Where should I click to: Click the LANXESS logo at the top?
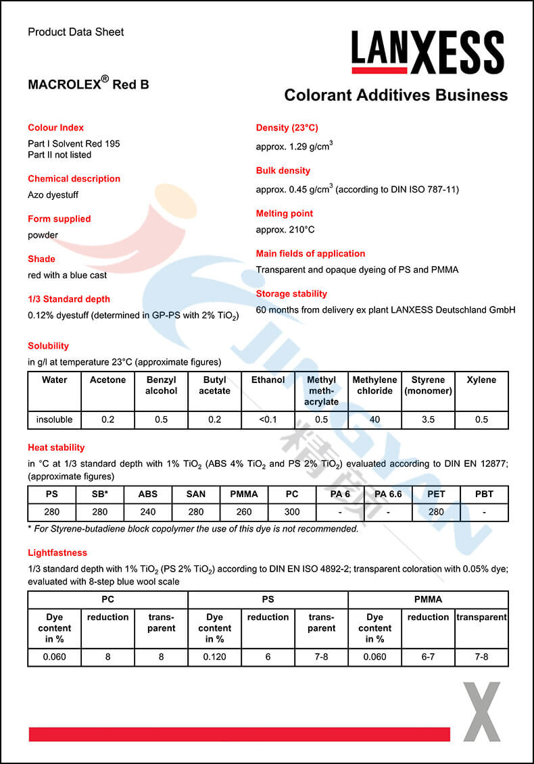tap(427, 53)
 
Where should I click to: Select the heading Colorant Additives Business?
tap(395, 95)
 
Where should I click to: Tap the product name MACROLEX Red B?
tap(89, 84)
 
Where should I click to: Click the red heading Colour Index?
tap(56, 128)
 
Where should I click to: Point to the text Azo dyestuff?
tap(53, 195)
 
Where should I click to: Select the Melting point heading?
tap(285, 213)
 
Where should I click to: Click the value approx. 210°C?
tap(285, 230)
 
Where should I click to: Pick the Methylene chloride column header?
tap(374, 385)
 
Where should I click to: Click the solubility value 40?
tap(374, 419)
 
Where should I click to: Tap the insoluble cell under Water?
tap(54, 419)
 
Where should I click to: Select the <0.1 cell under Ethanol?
tap(268, 419)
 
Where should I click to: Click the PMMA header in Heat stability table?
tap(244, 494)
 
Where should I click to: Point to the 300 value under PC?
tap(292, 512)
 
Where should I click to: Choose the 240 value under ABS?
tap(147, 512)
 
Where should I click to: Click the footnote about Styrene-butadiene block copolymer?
tap(193, 529)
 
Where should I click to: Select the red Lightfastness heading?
tap(57, 553)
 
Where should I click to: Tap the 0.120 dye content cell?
tap(214, 657)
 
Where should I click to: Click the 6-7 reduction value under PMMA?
tap(428, 657)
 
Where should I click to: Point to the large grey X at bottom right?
tap(481, 712)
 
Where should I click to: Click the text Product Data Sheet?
tap(76, 32)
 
